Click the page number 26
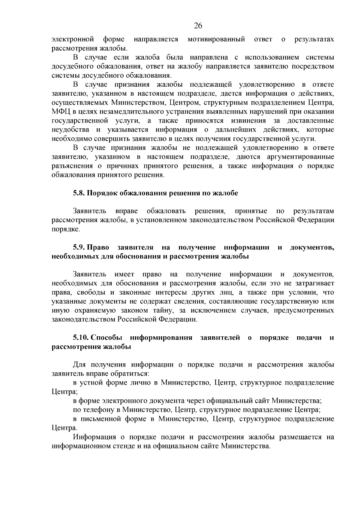(x=198, y=26)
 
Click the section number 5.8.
(x=79, y=193)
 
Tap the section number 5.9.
(x=79, y=247)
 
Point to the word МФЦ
(x=61, y=112)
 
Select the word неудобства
(x=70, y=130)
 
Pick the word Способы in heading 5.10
(x=106, y=338)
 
